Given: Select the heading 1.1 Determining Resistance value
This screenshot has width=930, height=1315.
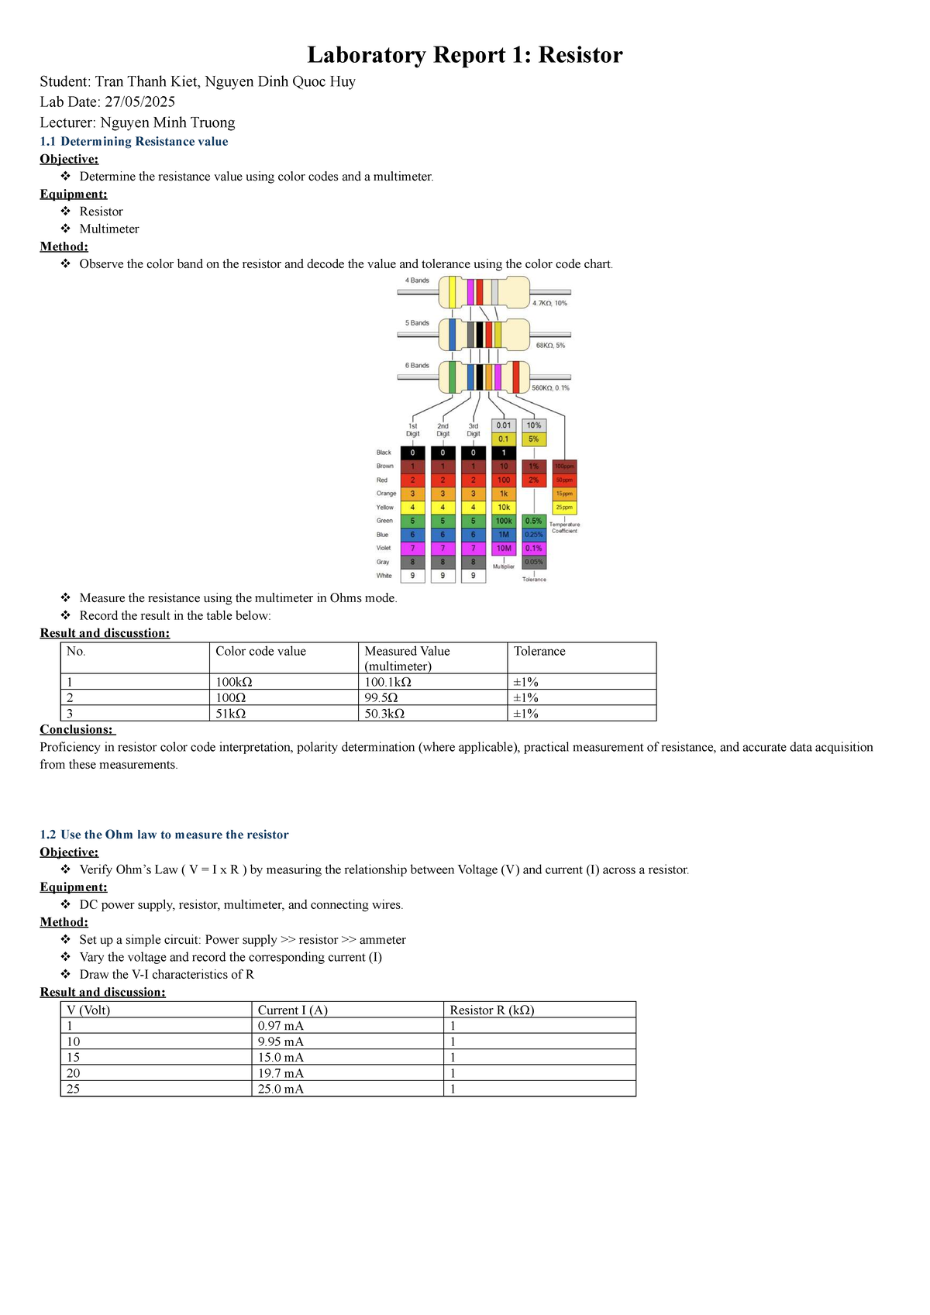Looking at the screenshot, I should [134, 141].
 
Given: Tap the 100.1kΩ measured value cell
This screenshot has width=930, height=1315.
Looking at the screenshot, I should [388, 682].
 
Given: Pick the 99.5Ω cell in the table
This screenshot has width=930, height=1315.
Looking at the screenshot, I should [381, 697].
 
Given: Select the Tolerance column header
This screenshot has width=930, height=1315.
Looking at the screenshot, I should [539, 651].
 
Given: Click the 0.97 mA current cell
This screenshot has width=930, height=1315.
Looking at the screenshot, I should [281, 1026].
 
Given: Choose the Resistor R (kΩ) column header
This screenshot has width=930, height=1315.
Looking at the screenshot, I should [492, 1010].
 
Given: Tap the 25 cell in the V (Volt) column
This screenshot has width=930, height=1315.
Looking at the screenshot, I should [73, 1089].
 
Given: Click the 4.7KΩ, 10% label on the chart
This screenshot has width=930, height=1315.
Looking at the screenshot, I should [549, 303].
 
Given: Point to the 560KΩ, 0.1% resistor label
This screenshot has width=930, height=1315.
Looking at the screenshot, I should [550, 387].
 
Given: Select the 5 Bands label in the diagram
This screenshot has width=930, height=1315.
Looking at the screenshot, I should [417, 322].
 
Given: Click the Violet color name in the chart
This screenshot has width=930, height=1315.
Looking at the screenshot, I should [384, 548].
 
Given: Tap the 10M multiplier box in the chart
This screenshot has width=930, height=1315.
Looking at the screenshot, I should [504, 548].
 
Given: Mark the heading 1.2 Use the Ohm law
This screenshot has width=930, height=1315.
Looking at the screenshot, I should [164, 835].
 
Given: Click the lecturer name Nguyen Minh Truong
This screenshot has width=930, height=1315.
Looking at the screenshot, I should [167, 122].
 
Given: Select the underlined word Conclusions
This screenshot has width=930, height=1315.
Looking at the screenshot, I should [76, 729].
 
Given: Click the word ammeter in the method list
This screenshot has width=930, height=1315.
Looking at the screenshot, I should [382, 939].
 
